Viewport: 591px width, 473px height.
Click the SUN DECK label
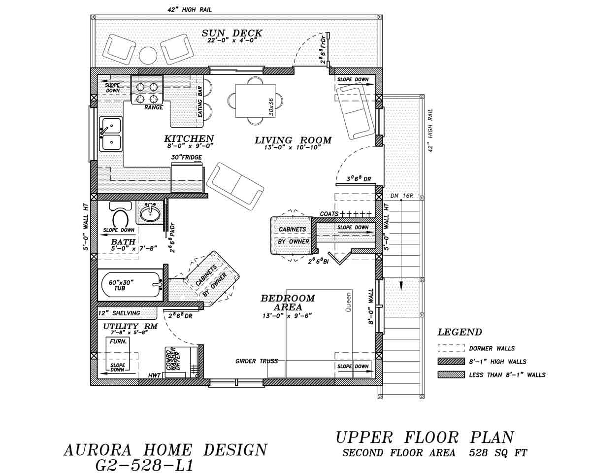point(232,34)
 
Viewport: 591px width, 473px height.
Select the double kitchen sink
point(111,135)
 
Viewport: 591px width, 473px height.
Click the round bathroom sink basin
point(149,213)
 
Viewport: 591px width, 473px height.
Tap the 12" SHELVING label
point(119,313)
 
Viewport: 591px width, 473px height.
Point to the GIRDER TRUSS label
point(257,361)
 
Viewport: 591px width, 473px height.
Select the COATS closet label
point(329,214)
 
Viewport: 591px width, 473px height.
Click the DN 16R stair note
point(401,196)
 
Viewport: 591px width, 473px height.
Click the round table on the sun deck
point(148,55)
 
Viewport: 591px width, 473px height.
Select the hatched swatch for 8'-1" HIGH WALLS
point(451,361)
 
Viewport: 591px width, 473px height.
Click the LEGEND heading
point(460,333)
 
